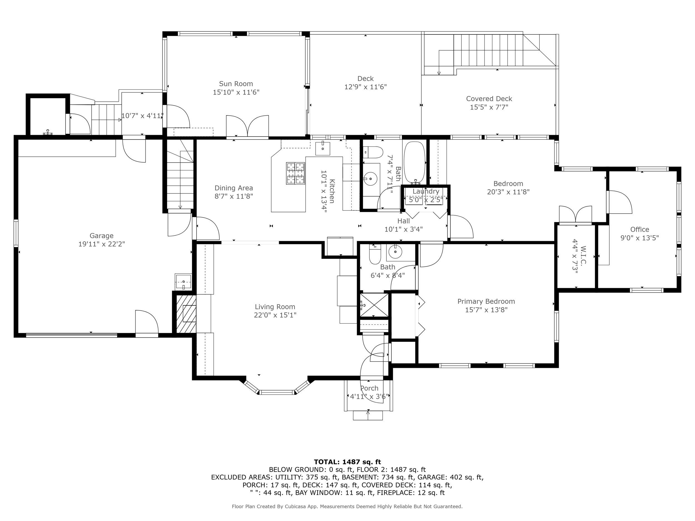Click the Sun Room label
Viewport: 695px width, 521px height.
(236, 84)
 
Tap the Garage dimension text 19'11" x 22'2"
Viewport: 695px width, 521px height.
(101, 244)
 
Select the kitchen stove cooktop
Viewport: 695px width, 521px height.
(295, 173)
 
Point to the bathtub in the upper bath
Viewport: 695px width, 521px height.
(414, 162)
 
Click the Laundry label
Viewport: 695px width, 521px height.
(426, 191)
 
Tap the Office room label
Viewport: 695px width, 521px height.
(639, 230)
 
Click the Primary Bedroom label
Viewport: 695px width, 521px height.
(486, 301)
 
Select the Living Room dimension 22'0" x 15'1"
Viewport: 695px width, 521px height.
(275, 315)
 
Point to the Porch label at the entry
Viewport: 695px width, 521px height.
(369, 388)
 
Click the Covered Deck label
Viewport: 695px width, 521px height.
(489, 99)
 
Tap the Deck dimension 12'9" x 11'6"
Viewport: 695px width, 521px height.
(365, 87)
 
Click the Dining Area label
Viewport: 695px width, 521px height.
(234, 188)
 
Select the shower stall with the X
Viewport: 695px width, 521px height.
(374, 306)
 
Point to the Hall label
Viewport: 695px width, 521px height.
(403, 221)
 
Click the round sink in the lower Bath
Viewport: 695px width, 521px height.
(394, 251)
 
